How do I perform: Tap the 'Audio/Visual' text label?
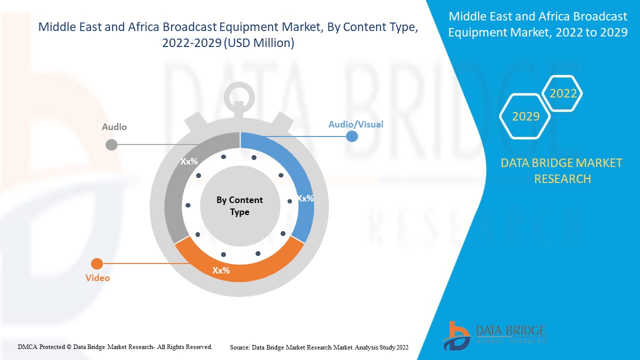click(x=355, y=124)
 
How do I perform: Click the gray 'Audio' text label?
click(x=114, y=127)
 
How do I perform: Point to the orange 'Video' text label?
click(x=97, y=277)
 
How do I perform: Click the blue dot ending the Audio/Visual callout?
click(x=352, y=136)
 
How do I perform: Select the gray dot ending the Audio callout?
click(x=111, y=145)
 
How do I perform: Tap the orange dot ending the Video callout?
click(x=97, y=264)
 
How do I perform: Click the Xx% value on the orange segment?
click(x=221, y=270)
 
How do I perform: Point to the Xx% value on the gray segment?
click(x=189, y=161)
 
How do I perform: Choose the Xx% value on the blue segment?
click(x=305, y=198)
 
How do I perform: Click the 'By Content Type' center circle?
click(x=239, y=206)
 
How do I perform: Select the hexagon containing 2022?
click(x=563, y=93)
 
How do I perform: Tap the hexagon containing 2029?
click(x=525, y=116)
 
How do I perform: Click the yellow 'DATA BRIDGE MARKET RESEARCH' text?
click(x=562, y=170)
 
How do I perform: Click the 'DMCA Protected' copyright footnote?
click(x=115, y=346)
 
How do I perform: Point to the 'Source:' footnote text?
click(x=319, y=347)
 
